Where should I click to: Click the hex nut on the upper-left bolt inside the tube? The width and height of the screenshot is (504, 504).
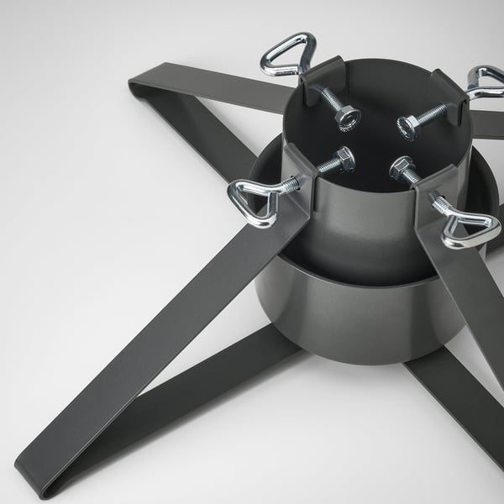tap(348, 118)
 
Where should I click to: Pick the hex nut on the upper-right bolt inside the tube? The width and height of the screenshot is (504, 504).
tap(408, 128)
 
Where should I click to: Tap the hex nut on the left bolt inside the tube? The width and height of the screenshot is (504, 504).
tap(344, 160)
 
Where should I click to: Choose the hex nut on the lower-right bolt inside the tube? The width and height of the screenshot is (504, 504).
tap(401, 168)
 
